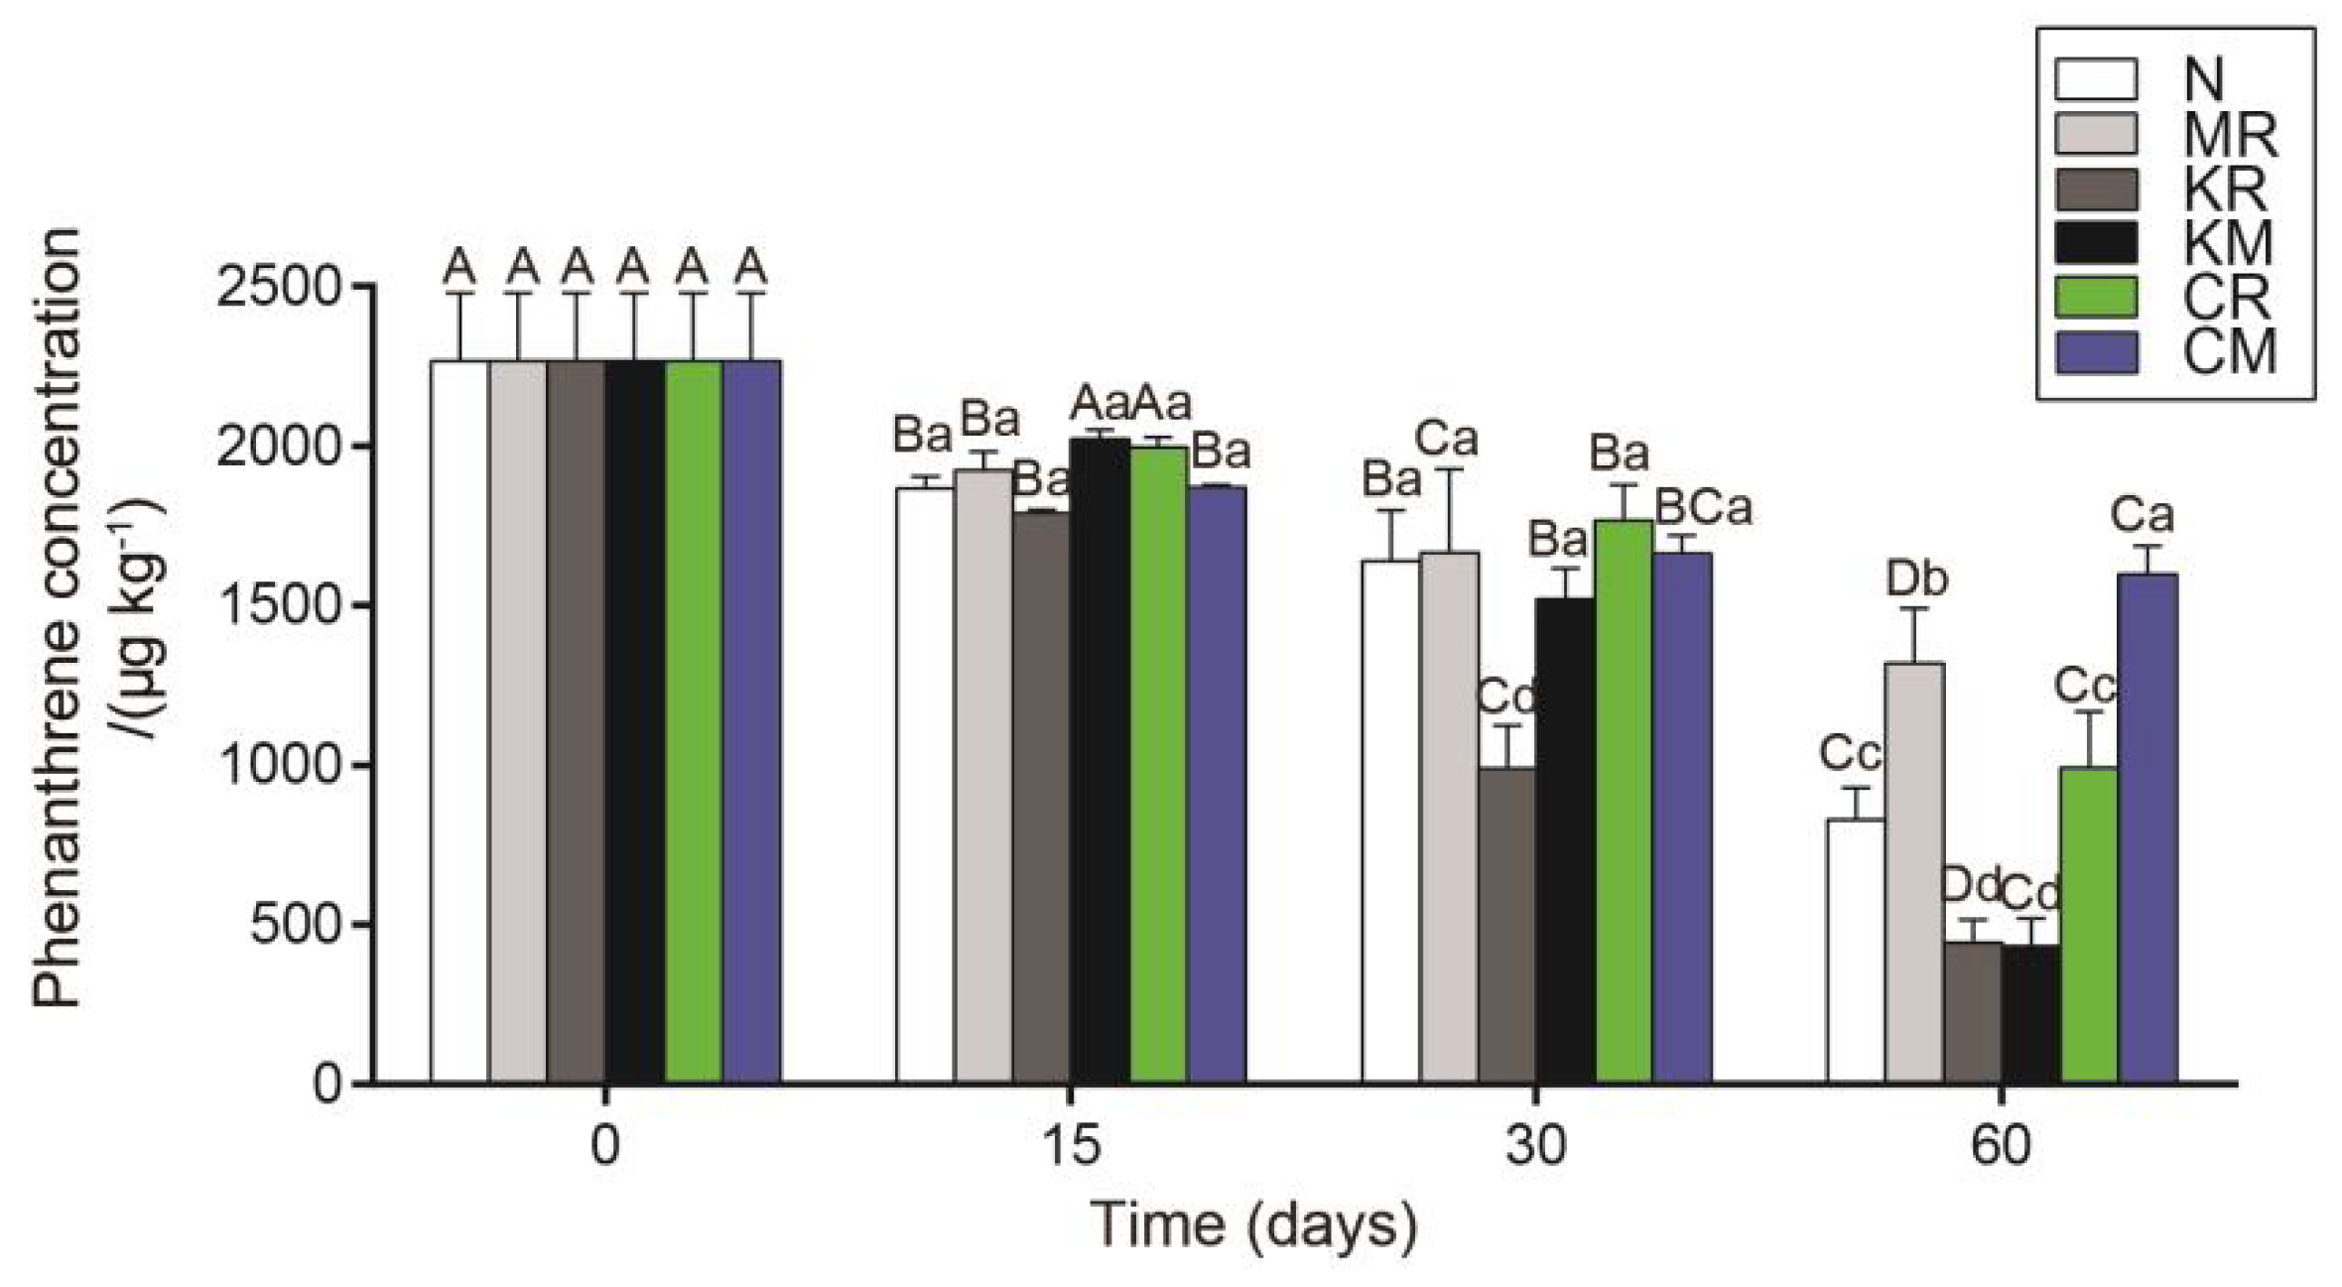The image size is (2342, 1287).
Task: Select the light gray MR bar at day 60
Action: [1914, 873]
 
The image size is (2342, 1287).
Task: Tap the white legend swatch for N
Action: [2095, 79]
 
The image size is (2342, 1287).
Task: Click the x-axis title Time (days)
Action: [1254, 1225]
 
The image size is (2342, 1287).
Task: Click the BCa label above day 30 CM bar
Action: [1704, 508]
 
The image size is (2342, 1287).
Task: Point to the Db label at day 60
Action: [1915, 579]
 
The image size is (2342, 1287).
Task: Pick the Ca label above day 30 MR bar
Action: [1446, 439]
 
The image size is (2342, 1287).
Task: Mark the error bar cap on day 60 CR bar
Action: [2090, 711]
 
